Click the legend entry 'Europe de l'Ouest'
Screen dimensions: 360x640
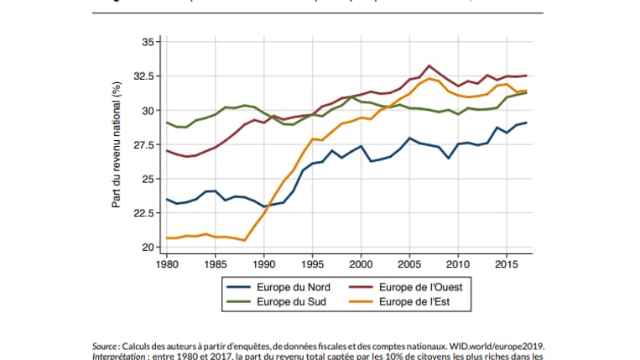422,287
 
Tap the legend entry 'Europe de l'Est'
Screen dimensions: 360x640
417,302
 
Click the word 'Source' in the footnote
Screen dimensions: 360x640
105,345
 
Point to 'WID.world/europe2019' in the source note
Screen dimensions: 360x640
501,345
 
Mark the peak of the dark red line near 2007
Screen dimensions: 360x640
429,65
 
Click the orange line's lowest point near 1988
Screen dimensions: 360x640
245,241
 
